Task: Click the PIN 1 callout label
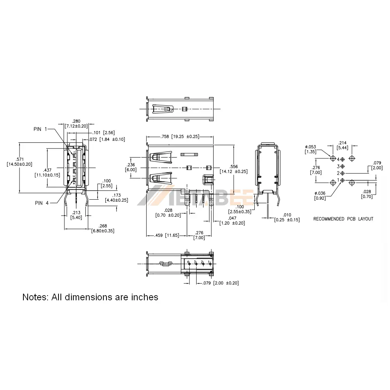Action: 40,129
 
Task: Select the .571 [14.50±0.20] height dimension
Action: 19,161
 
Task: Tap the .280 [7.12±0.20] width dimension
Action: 76,123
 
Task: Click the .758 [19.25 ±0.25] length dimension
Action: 180,136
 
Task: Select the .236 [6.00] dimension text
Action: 131,167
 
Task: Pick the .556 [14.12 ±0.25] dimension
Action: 233,168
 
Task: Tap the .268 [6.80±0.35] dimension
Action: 103,228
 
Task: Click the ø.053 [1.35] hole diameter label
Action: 310,149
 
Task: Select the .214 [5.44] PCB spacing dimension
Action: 343,145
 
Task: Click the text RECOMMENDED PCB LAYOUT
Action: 343,219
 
